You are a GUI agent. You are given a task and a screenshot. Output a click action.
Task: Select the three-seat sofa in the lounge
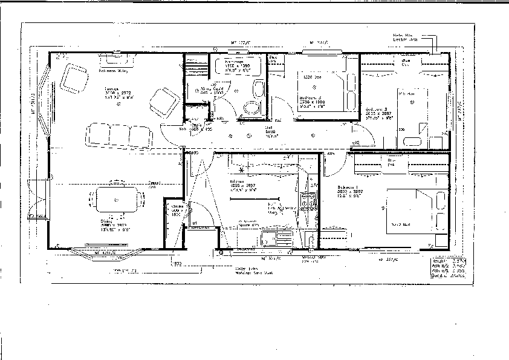pyautogui.click(x=118, y=134)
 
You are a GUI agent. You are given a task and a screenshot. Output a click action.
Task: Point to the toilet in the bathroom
pyautogui.click(x=251, y=108)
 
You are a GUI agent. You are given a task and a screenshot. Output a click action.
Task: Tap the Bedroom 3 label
pyautogui.click(x=312, y=97)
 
